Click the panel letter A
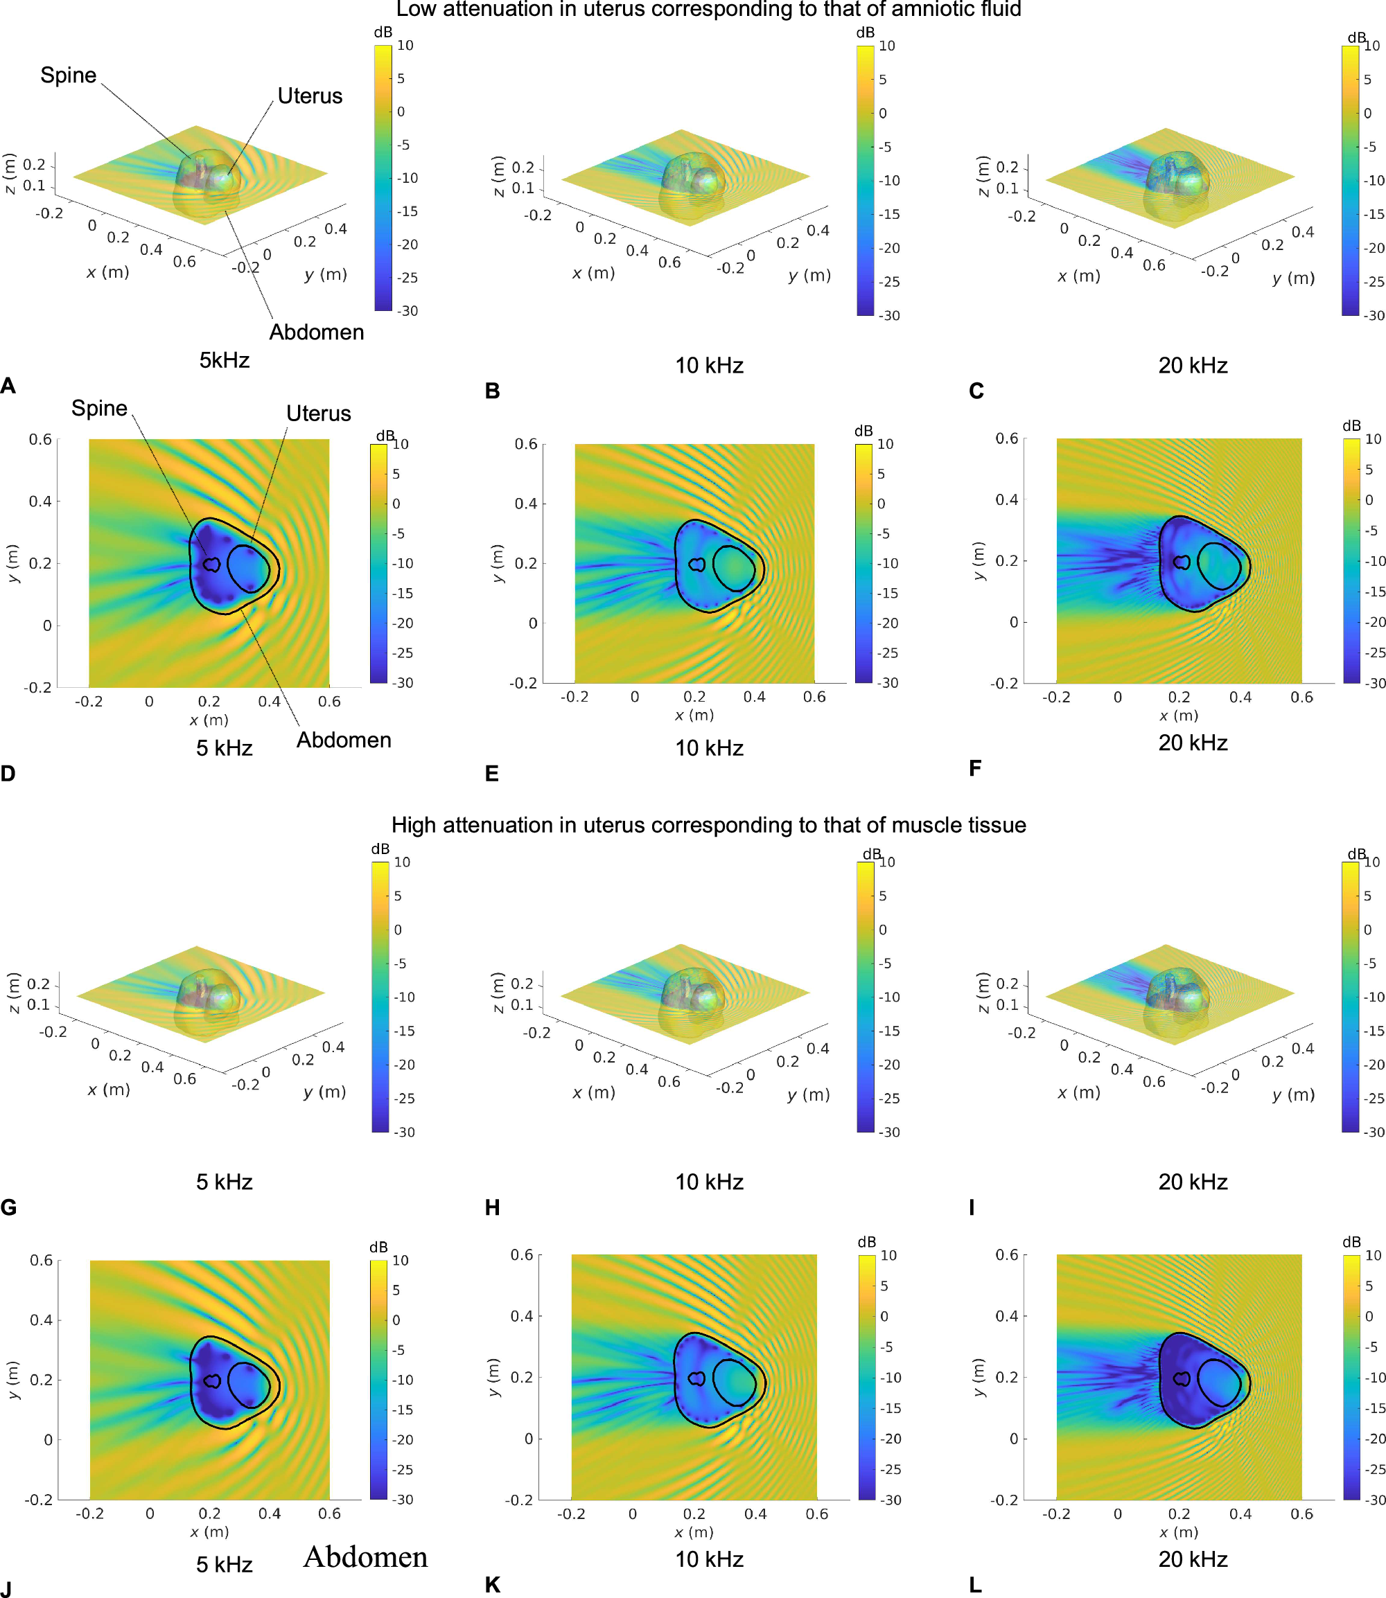[8, 386]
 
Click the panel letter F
[974, 767]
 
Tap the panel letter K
[492, 1585]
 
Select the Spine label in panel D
[99, 408]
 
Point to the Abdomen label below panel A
[316, 332]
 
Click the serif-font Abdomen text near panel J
[365, 1556]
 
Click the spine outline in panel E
[697, 565]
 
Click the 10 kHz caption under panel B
[709, 365]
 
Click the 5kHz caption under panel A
[225, 360]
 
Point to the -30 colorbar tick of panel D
[403, 683]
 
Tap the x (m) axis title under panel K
[694, 1532]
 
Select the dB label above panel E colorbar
[863, 430]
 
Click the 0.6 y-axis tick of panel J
[41, 1260]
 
